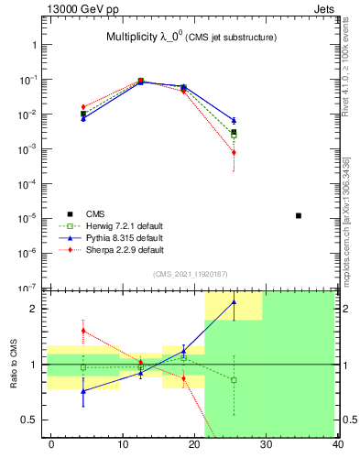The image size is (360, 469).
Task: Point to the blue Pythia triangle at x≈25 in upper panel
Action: [x=234, y=120]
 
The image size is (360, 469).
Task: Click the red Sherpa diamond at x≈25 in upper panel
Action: [x=234, y=152]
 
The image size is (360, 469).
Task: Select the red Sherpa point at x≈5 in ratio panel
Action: [x=83, y=331]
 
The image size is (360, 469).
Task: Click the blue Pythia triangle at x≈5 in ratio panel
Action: [x=83, y=391]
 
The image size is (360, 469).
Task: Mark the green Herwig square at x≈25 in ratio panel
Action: [x=234, y=380]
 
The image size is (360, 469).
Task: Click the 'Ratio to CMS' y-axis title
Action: [x=14, y=365]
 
